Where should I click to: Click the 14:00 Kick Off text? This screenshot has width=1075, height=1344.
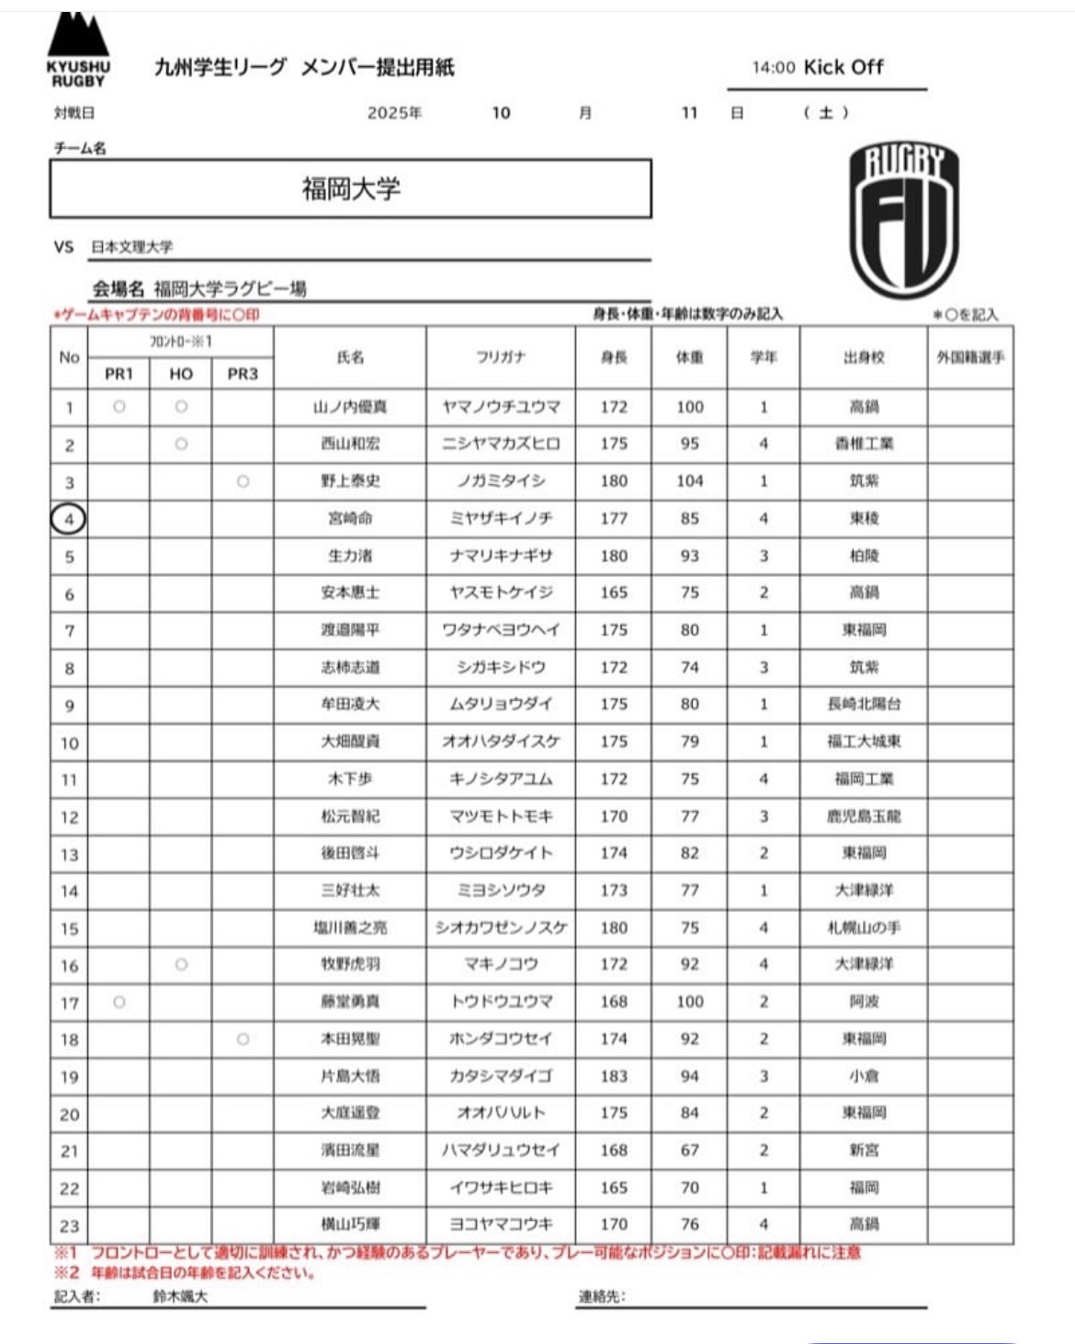(x=818, y=67)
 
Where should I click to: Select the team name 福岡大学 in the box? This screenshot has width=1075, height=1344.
(x=351, y=189)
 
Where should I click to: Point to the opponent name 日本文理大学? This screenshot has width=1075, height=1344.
(x=131, y=247)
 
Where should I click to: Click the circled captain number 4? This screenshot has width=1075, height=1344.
(x=68, y=519)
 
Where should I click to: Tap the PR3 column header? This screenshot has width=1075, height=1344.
(x=243, y=374)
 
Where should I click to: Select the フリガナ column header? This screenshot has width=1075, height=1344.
(x=500, y=357)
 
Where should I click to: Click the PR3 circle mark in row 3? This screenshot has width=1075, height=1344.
(x=243, y=481)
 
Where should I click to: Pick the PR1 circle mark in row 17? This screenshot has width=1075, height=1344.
(x=119, y=1002)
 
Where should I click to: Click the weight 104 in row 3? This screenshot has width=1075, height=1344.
(x=690, y=481)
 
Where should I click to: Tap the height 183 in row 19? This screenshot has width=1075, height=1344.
(x=614, y=1076)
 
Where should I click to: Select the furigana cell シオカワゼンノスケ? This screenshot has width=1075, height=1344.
(x=501, y=928)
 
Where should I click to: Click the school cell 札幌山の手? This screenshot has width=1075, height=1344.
(x=864, y=928)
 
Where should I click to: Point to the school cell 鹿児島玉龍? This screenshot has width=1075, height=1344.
(x=864, y=816)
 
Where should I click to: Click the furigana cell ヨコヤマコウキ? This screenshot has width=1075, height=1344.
(x=501, y=1225)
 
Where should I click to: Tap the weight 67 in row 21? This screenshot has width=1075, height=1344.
(x=690, y=1150)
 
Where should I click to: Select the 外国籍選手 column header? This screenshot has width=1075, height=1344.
(x=970, y=357)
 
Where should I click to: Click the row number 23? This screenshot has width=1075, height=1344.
(x=69, y=1225)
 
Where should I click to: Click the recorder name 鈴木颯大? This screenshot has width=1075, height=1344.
(x=180, y=1296)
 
